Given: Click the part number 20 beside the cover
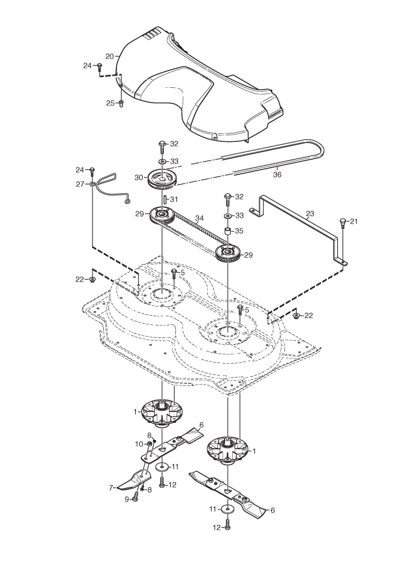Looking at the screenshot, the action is [110, 56].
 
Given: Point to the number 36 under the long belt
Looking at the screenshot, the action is [277, 174].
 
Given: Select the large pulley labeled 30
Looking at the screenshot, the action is [161, 179].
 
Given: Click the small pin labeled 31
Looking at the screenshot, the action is [164, 199].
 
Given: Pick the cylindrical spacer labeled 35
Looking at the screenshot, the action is [228, 231].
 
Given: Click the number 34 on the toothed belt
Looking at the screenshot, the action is [199, 218].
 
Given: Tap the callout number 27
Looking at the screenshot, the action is [80, 184].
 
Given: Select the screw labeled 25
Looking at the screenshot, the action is [122, 103].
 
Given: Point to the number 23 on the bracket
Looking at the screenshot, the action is [310, 214].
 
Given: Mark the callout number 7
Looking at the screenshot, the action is [111, 488].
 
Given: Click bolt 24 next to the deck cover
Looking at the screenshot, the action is [99, 67].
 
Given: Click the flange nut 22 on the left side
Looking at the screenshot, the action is [92, 279].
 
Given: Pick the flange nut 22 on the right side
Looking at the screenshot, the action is [297, 315].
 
